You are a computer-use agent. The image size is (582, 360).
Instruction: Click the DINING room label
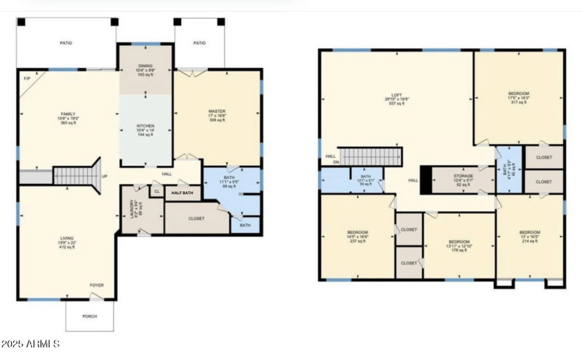(145, 66)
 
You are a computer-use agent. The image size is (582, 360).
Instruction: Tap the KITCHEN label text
(145, 126)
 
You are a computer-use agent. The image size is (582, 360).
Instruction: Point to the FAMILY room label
(68, 114)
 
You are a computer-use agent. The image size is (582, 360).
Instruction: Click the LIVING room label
(67, 238)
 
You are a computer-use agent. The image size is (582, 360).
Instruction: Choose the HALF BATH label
(183, 193)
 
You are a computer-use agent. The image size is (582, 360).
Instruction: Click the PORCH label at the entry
(90, 316)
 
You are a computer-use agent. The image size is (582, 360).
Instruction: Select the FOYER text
(96, 285)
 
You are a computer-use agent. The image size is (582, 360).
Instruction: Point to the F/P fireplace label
(27, 78)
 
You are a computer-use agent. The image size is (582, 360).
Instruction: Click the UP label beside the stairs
(104, 176)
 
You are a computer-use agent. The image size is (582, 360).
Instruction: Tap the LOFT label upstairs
(396, 95)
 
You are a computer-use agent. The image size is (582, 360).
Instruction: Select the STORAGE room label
(463, 176)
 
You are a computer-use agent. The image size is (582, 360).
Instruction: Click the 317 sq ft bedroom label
(519, 93)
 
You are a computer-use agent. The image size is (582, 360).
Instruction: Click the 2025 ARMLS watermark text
(31, 343)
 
